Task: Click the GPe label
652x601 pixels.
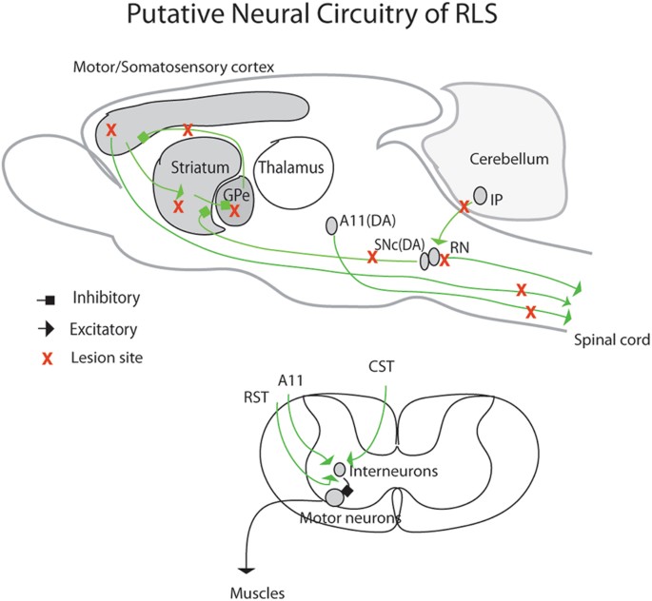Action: click(x=233, y=194)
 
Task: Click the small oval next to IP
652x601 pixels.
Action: click(x=481, y=195)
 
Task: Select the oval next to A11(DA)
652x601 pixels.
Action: click(x=332, y=225)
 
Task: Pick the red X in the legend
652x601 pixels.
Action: click(x=46, y=359)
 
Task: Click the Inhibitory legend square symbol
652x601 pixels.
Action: click(x=48, y=300)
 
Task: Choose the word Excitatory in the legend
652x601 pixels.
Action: click(x=105, y=330)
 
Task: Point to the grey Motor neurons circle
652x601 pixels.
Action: click(x=335, y=496)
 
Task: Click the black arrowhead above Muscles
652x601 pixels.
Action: click(x=247, y=570)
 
